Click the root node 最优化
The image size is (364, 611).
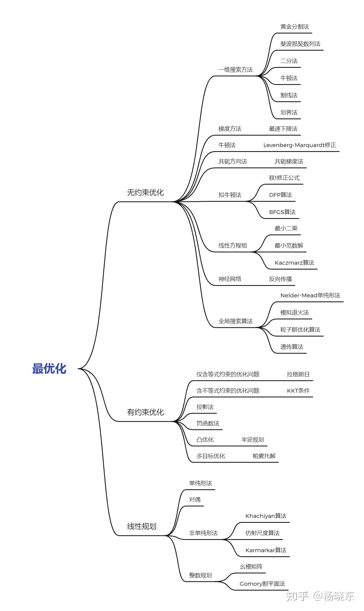49,369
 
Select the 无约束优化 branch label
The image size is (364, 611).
145,193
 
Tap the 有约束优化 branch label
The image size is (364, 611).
145,412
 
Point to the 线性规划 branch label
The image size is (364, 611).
142,526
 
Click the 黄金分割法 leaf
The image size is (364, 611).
295,27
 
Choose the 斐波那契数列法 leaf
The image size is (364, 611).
300,44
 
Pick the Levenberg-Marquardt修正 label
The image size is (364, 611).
300,145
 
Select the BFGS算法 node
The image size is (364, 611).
282,212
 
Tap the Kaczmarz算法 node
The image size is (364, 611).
294,263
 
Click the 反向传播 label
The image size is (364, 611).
280,279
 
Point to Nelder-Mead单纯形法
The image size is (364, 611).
310,295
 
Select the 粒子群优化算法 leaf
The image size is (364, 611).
300,330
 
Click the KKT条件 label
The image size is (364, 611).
298,391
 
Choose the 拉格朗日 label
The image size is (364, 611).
298,374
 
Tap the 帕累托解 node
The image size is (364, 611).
264,456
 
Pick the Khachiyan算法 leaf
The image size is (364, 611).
266,516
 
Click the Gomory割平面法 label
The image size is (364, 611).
262,584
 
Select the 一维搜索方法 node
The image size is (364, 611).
236,70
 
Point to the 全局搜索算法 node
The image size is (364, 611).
236,321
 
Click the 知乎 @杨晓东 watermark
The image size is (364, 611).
321,596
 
